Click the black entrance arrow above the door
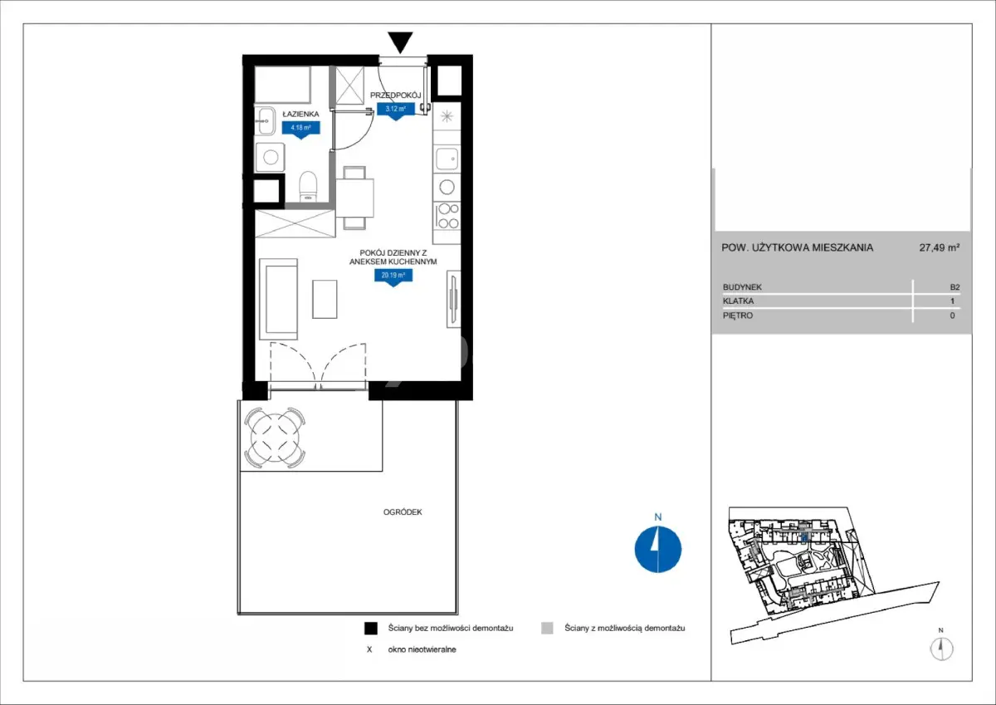pos(400,42)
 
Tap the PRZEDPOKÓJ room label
pos(395,95)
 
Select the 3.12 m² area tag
pos(396,111)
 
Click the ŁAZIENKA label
pos(301,114)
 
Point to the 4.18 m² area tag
pos(301,130)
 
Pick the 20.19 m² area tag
pos(393,277)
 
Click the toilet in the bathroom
pos(308,186)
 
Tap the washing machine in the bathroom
pos(271,157)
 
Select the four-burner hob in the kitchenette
pos(447,216)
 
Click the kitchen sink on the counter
pos(447,159)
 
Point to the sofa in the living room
pos(278,299)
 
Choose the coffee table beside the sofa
pos(325,299)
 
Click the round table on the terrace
pos(275,438)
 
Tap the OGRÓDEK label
pos(403,512)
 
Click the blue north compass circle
pos(658,549)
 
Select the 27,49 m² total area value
pos(939,247)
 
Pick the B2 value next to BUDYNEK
pos(954,287)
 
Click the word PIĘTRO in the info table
pos(738,316)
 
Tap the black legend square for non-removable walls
pos(371,628)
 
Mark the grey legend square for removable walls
pos(547,628)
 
